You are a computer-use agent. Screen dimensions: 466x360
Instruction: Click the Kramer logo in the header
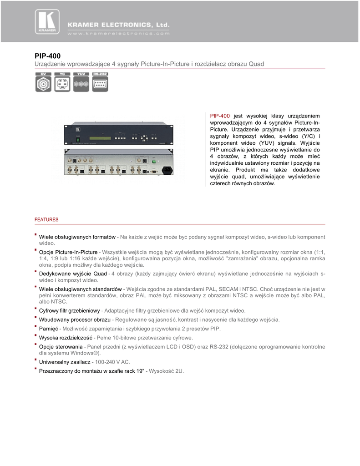pyautogui.click(x=47, y=22)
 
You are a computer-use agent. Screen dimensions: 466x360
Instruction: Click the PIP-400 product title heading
pyautogui.click(x=48, y=56)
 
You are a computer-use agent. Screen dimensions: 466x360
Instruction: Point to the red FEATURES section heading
pyautogui.click(x=46, y=220)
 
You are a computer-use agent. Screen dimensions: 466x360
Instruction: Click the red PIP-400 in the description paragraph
pyautogui.click(x=220, y=116)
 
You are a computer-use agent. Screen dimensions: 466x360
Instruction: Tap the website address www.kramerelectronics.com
pyautogui.click(x=119, y=33)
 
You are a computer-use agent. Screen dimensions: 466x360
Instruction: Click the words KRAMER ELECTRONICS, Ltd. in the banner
pyautogui.click(x=118, y=24)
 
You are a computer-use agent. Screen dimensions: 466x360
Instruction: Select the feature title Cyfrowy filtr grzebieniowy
pyautogui.click(x=69, y=311)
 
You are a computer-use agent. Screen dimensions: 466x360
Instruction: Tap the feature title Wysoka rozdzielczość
pyautogui.click(x=66, y=338)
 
